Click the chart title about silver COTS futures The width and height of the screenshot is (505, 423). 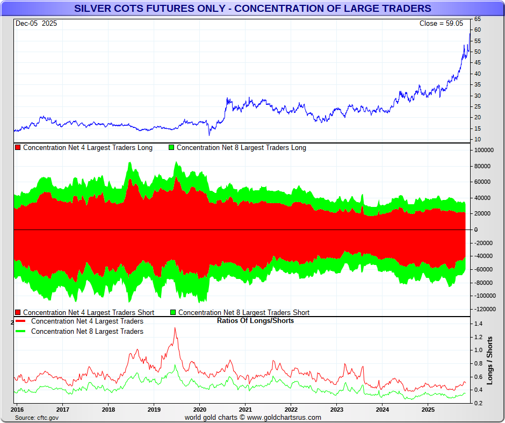(252, 8)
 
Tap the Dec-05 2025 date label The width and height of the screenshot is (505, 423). (36, 23)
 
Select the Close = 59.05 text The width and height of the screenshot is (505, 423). (441, 23)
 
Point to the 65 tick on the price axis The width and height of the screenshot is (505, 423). (477, 19)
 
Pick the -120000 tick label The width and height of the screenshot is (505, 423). (482, 309)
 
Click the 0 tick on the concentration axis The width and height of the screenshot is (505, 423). (475, 230)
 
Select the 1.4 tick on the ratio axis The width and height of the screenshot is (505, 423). (478, 324)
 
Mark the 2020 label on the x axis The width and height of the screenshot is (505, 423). (199, 409)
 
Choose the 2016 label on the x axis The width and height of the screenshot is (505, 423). (17, 409)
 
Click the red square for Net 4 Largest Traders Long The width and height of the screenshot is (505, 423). (18, 147)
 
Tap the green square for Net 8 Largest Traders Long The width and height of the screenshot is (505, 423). (172, 147)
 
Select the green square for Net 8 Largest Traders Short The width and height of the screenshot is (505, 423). (173, 312)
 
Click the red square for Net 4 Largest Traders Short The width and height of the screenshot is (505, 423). (18, 312)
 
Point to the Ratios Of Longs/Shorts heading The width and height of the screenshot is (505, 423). (255, 321)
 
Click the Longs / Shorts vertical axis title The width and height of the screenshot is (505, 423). (490, 360)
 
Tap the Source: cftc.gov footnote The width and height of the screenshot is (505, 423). (37, 417)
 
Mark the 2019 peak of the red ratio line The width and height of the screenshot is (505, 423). (175, 328)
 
